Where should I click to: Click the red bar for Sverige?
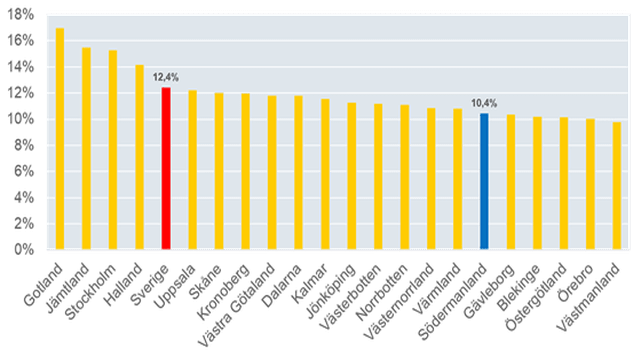(x=166, y=168)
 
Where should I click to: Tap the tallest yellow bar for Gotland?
(x=60, y=138)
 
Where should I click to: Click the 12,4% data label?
(x=166, y=77)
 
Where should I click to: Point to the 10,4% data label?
(x=484, y=103)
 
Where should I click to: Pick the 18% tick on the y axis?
(x=21, y=15)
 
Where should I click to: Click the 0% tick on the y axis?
(x=23, y=249)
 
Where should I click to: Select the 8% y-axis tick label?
(x=23, y=145)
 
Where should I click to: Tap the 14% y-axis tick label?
(x=21, y=67)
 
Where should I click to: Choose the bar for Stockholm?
(x=113, y=150)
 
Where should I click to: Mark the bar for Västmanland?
(x=617, y=186)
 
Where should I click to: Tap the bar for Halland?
(x=139, y=157)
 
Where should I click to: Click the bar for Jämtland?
(x=86, y=148)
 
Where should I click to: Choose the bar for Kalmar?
(x=325, y=174)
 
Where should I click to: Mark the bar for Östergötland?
(x=564, y=184)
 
